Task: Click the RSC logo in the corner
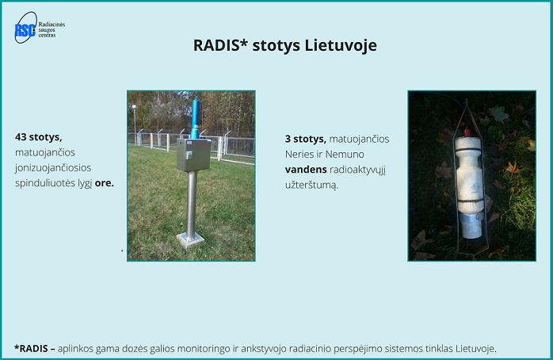pos(25,28)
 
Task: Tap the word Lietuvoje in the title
pos(341,45)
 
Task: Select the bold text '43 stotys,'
pos(39,137)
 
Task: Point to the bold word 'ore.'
pos(105,183)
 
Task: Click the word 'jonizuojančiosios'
pos(53,168)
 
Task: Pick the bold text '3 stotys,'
pos(306,139)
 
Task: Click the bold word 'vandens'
pos(306,170)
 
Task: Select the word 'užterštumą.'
pos(311,185)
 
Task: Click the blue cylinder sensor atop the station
pos(195,118)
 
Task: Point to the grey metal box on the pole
pos(193,155)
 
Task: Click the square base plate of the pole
pos(190,239)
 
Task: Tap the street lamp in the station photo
pos(134,124)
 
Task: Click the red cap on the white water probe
pos(467,133)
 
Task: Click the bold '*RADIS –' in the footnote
pos(35,349)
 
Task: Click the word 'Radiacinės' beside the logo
pos(51,25)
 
